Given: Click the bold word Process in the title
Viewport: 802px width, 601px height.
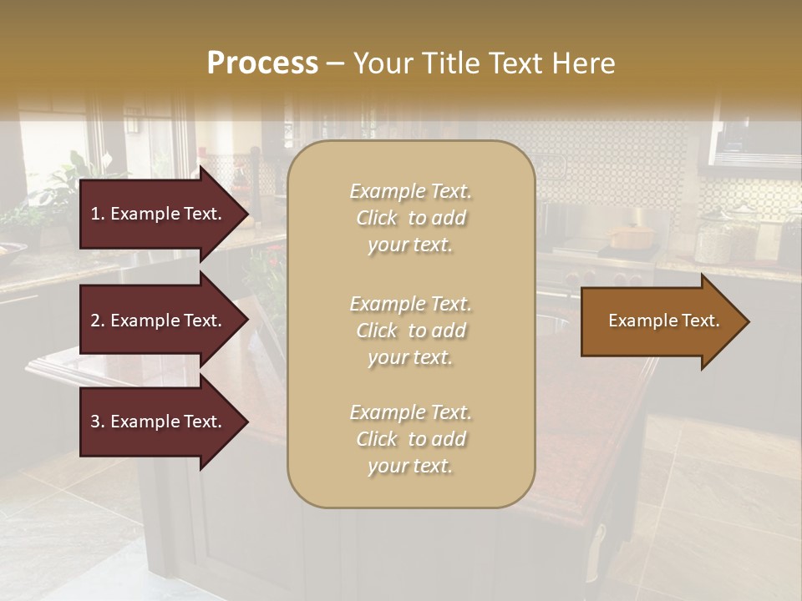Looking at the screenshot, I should click(x=262, y=63).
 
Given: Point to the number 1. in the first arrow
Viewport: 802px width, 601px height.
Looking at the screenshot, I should click(x=98, y=214).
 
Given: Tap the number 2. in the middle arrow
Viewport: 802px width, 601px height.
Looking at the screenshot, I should click(x=98, y=321).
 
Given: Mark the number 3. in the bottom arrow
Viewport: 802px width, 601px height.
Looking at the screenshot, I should click(x=98, y=422).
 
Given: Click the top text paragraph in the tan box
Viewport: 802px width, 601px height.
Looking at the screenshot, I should click(x=410, y=218).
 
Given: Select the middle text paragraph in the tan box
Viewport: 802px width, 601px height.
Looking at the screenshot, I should click(x=410, y=331).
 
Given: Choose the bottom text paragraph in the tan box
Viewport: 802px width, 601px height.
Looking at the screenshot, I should click(x=410, y=439).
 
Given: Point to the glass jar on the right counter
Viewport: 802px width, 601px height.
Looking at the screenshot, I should click(x=714, y=238).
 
